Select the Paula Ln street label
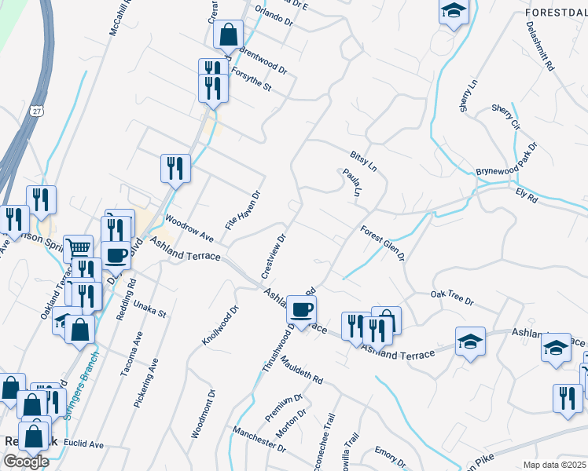click(x=351, y=183)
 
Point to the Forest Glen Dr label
click(x=382, y=243)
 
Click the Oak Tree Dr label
click(x=452, y=297)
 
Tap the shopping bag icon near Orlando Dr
click(x=228, y=35)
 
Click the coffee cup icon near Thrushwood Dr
click(x=301, y=309)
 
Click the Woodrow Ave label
click(x=189, y=228)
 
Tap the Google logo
click(x=25, y=461)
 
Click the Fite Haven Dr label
click(x=242, y=210)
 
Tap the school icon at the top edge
click(x=453, y=11)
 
